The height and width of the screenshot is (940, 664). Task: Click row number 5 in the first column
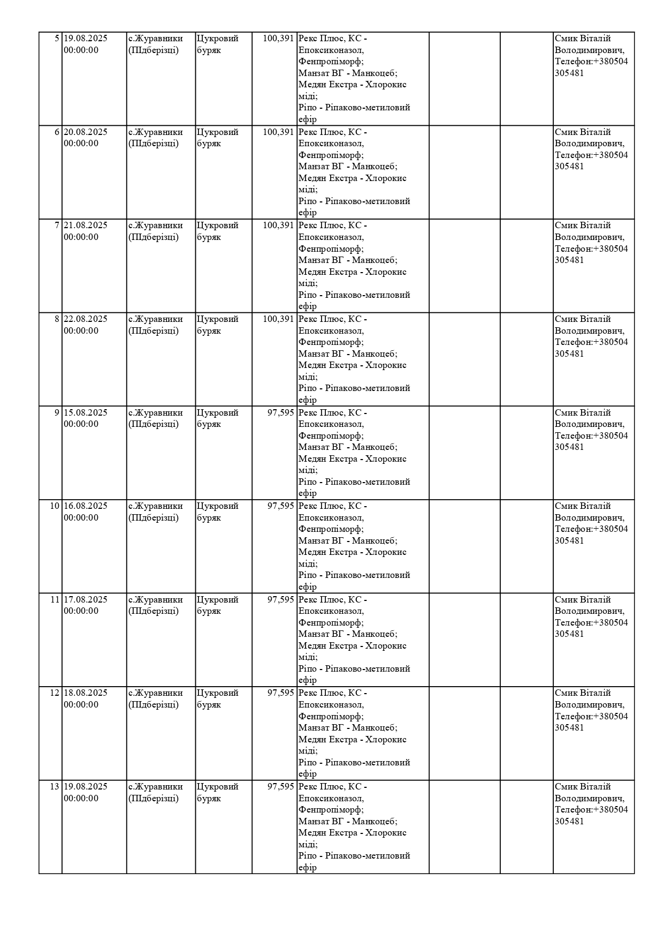click(57, 39)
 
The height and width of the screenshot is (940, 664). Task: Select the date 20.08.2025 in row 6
click(86, 132)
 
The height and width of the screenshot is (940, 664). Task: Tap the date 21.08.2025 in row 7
click(86, 225)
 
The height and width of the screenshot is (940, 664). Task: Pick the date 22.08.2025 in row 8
click(86, 319)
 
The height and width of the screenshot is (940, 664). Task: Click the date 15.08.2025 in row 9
click(86, 413)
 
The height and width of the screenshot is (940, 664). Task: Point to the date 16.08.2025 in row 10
click(86, 506)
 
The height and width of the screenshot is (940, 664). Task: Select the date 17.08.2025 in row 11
click(86, 600)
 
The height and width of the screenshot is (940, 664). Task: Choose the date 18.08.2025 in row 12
click(86, 693)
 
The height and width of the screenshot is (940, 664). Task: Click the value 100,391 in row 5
click(278, 39)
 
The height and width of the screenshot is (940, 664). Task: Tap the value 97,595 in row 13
click(281, 787)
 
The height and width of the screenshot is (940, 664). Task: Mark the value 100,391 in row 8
click(278, 319)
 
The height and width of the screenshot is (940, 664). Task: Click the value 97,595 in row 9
click(281, 413)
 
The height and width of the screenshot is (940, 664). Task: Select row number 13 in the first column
click(55, 787)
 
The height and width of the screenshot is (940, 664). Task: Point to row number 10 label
click(55, 506)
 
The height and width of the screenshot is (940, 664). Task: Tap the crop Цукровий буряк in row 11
click(217, 605)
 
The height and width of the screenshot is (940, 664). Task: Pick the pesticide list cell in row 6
click(354, 172)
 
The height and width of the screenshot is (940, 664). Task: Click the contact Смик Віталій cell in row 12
click(591, 710)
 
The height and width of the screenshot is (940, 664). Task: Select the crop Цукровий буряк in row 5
click(217, 44)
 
